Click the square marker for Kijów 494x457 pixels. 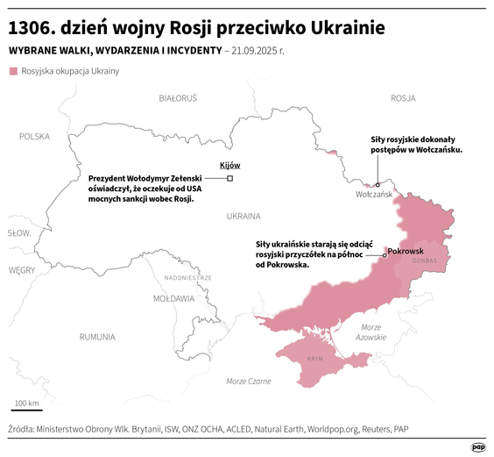pos(229,178)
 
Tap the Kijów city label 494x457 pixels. pos(229,166)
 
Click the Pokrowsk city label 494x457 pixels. pos(406,251)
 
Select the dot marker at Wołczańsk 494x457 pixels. pos(377,185)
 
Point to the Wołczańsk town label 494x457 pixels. pos(373,196)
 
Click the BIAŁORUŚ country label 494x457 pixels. pos(178,97)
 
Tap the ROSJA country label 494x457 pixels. pos(403,97)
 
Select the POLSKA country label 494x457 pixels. pos(35,136)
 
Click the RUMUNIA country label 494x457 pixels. pos(96,336)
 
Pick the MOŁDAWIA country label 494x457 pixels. pos(173,298)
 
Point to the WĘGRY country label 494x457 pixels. pos(21,270)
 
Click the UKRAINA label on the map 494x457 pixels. pos(243,215)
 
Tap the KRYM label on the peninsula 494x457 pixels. pos(315,360)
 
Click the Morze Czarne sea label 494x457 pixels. pos(249,381)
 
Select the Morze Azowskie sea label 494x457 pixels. pos(371,332)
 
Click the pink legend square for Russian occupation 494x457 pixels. pos(13,70)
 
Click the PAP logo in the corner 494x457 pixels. pos(478,446)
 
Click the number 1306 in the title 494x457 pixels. pos(31,25)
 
